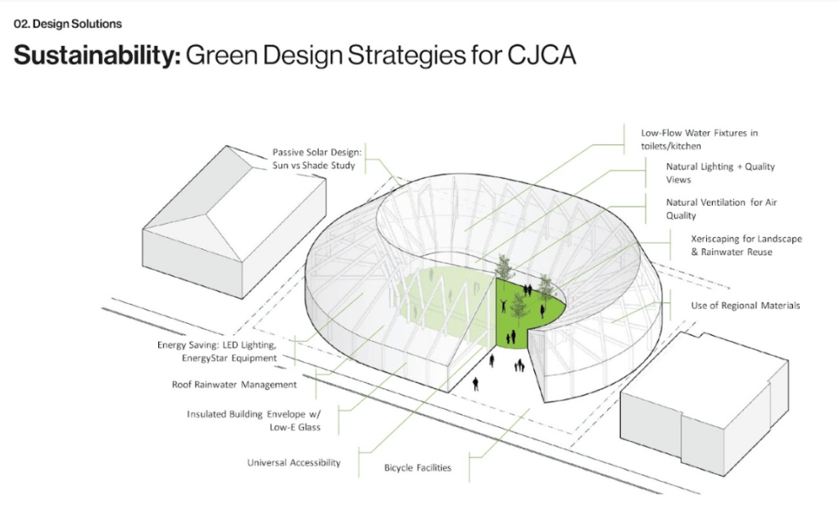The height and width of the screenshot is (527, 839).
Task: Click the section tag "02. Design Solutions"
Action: [68, 25]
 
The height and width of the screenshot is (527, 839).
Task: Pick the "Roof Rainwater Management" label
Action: [234, 384]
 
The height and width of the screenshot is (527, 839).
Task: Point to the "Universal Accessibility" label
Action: [293, 463]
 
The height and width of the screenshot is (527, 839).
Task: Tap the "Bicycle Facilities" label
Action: [418, 468]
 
